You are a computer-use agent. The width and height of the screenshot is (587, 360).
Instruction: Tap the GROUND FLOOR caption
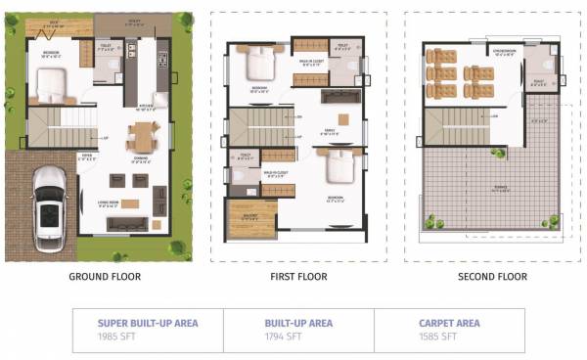pos(105,277)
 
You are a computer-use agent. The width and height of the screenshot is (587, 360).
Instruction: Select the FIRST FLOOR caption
pos(297,277)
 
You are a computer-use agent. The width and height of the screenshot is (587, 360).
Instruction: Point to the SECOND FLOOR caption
pos(492,277)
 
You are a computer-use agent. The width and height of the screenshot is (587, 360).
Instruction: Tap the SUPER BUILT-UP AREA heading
pos(147,323)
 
